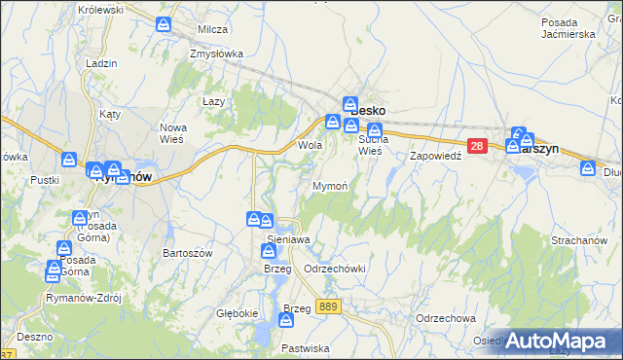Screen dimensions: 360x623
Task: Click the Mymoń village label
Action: pos(331,185)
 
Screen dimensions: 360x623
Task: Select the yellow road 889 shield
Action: pos(328,306)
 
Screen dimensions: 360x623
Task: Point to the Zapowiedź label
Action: pos(434,156)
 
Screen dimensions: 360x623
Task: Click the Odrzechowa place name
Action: pos(444,318)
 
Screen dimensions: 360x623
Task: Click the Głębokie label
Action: pos(238,313)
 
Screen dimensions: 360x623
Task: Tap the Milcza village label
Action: pos(212,29)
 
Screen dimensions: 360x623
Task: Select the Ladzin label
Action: pos(101,63)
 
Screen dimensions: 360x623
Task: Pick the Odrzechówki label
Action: pos(334,269)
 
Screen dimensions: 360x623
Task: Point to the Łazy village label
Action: pos(213,101)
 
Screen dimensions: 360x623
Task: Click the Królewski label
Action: pos(103,9)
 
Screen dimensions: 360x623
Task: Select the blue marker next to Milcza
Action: pos(166,23)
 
